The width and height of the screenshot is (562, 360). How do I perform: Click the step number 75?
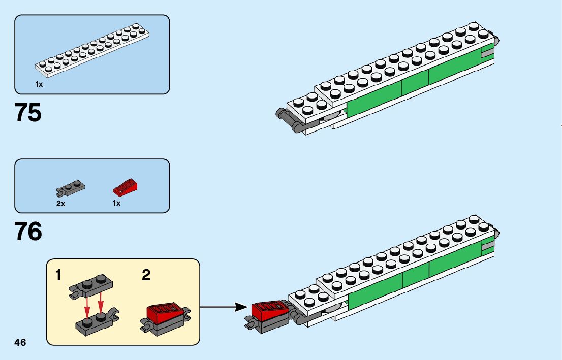(x=28, y=113)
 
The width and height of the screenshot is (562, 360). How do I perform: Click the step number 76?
(x=28, y=233)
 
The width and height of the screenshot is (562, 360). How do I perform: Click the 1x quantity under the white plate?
(x=39, y=85)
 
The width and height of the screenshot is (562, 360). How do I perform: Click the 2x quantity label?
(x=60, y=203)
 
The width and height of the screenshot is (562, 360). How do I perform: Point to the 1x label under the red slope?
(x=116, y=203)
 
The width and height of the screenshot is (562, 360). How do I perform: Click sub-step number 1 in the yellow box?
(x=58, y=275)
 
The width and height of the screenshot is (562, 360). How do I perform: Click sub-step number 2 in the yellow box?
(x=146, y=275)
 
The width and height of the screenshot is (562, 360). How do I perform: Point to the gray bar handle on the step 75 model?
(x=287, y=120)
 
